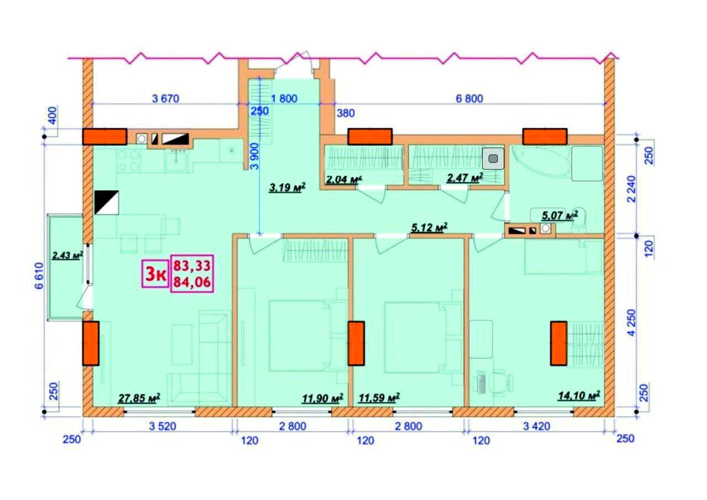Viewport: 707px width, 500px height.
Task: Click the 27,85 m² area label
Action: (x=139, y=398)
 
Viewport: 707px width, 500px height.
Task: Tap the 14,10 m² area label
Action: (x=579, y=396)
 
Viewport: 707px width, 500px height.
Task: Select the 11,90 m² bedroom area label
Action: (x=323, y=398)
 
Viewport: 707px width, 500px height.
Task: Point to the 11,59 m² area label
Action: (x=379, y=397)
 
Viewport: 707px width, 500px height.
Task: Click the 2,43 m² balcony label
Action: (x=67, y=255)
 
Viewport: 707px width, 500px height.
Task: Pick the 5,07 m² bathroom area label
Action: (x=560, y=215)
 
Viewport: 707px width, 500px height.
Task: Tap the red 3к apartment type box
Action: (x=155, y=274)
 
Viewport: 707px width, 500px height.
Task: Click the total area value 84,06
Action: (x=192, y=282)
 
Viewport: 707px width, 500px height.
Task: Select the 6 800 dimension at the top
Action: (x=469, y=99)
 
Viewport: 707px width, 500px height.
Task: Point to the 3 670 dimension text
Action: (x=166, y=99)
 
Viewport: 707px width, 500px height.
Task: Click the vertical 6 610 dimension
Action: (x=39, y=276)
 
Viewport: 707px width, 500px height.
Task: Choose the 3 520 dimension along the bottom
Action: (x=162, y=427)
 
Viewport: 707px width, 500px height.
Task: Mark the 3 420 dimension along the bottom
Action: (x=536, y=427)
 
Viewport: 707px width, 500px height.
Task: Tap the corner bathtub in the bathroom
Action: (x=541, y=162)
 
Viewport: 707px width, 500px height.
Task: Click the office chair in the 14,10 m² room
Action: (x=501, y=383)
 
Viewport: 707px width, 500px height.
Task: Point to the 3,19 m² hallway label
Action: (x=287, y=187)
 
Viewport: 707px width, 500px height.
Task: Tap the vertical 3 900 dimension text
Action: (x=255, y=156)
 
